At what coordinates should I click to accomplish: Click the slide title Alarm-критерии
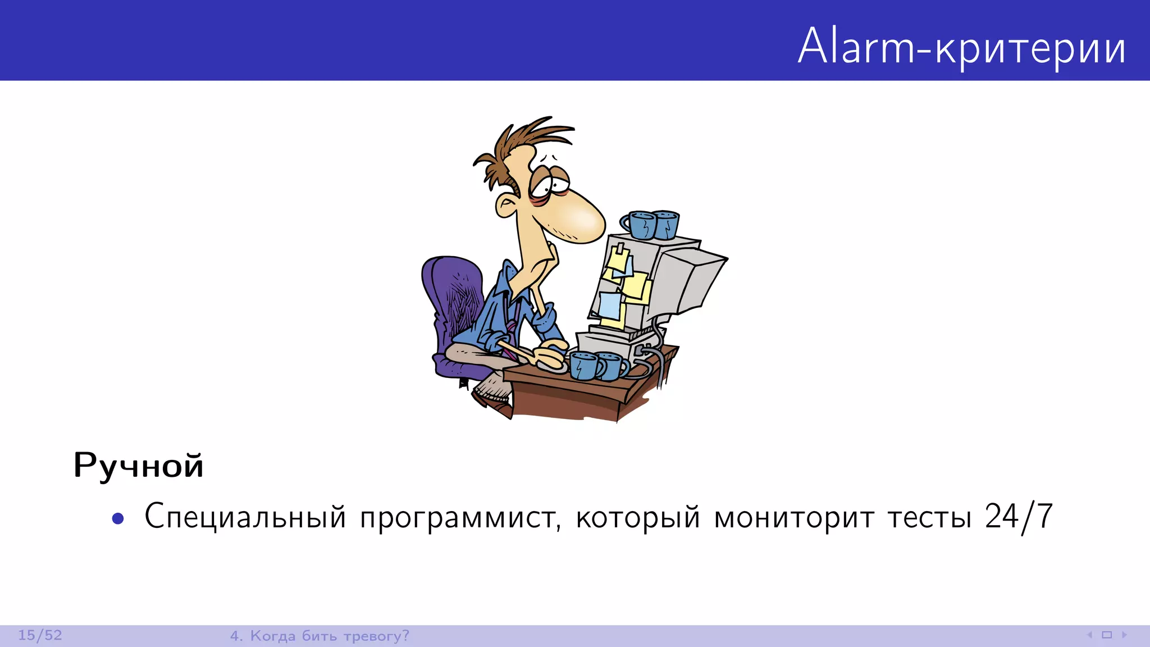point(961,46)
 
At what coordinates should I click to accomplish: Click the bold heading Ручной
point(138,466)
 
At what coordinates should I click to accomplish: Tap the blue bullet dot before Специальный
point(118,518)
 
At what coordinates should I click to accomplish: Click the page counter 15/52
point(40,635)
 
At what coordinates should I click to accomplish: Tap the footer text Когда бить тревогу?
point(329,636)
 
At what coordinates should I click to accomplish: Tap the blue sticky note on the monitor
point(610,305)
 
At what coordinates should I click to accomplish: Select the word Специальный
point(245,517)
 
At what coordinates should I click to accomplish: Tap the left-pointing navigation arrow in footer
point(1089,635)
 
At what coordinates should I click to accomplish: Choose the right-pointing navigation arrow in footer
point(1124,635)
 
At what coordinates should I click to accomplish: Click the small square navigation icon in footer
point(1107,635)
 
